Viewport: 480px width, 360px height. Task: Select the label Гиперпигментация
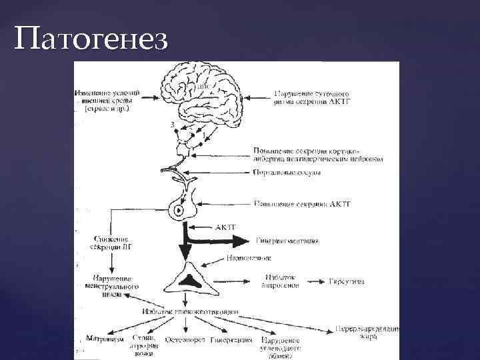tap(287, 241)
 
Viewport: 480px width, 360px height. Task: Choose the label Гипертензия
tap(231, 340)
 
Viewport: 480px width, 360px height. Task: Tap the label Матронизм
tap(105, 339)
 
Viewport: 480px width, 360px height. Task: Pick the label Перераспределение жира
tap(367, 333)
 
